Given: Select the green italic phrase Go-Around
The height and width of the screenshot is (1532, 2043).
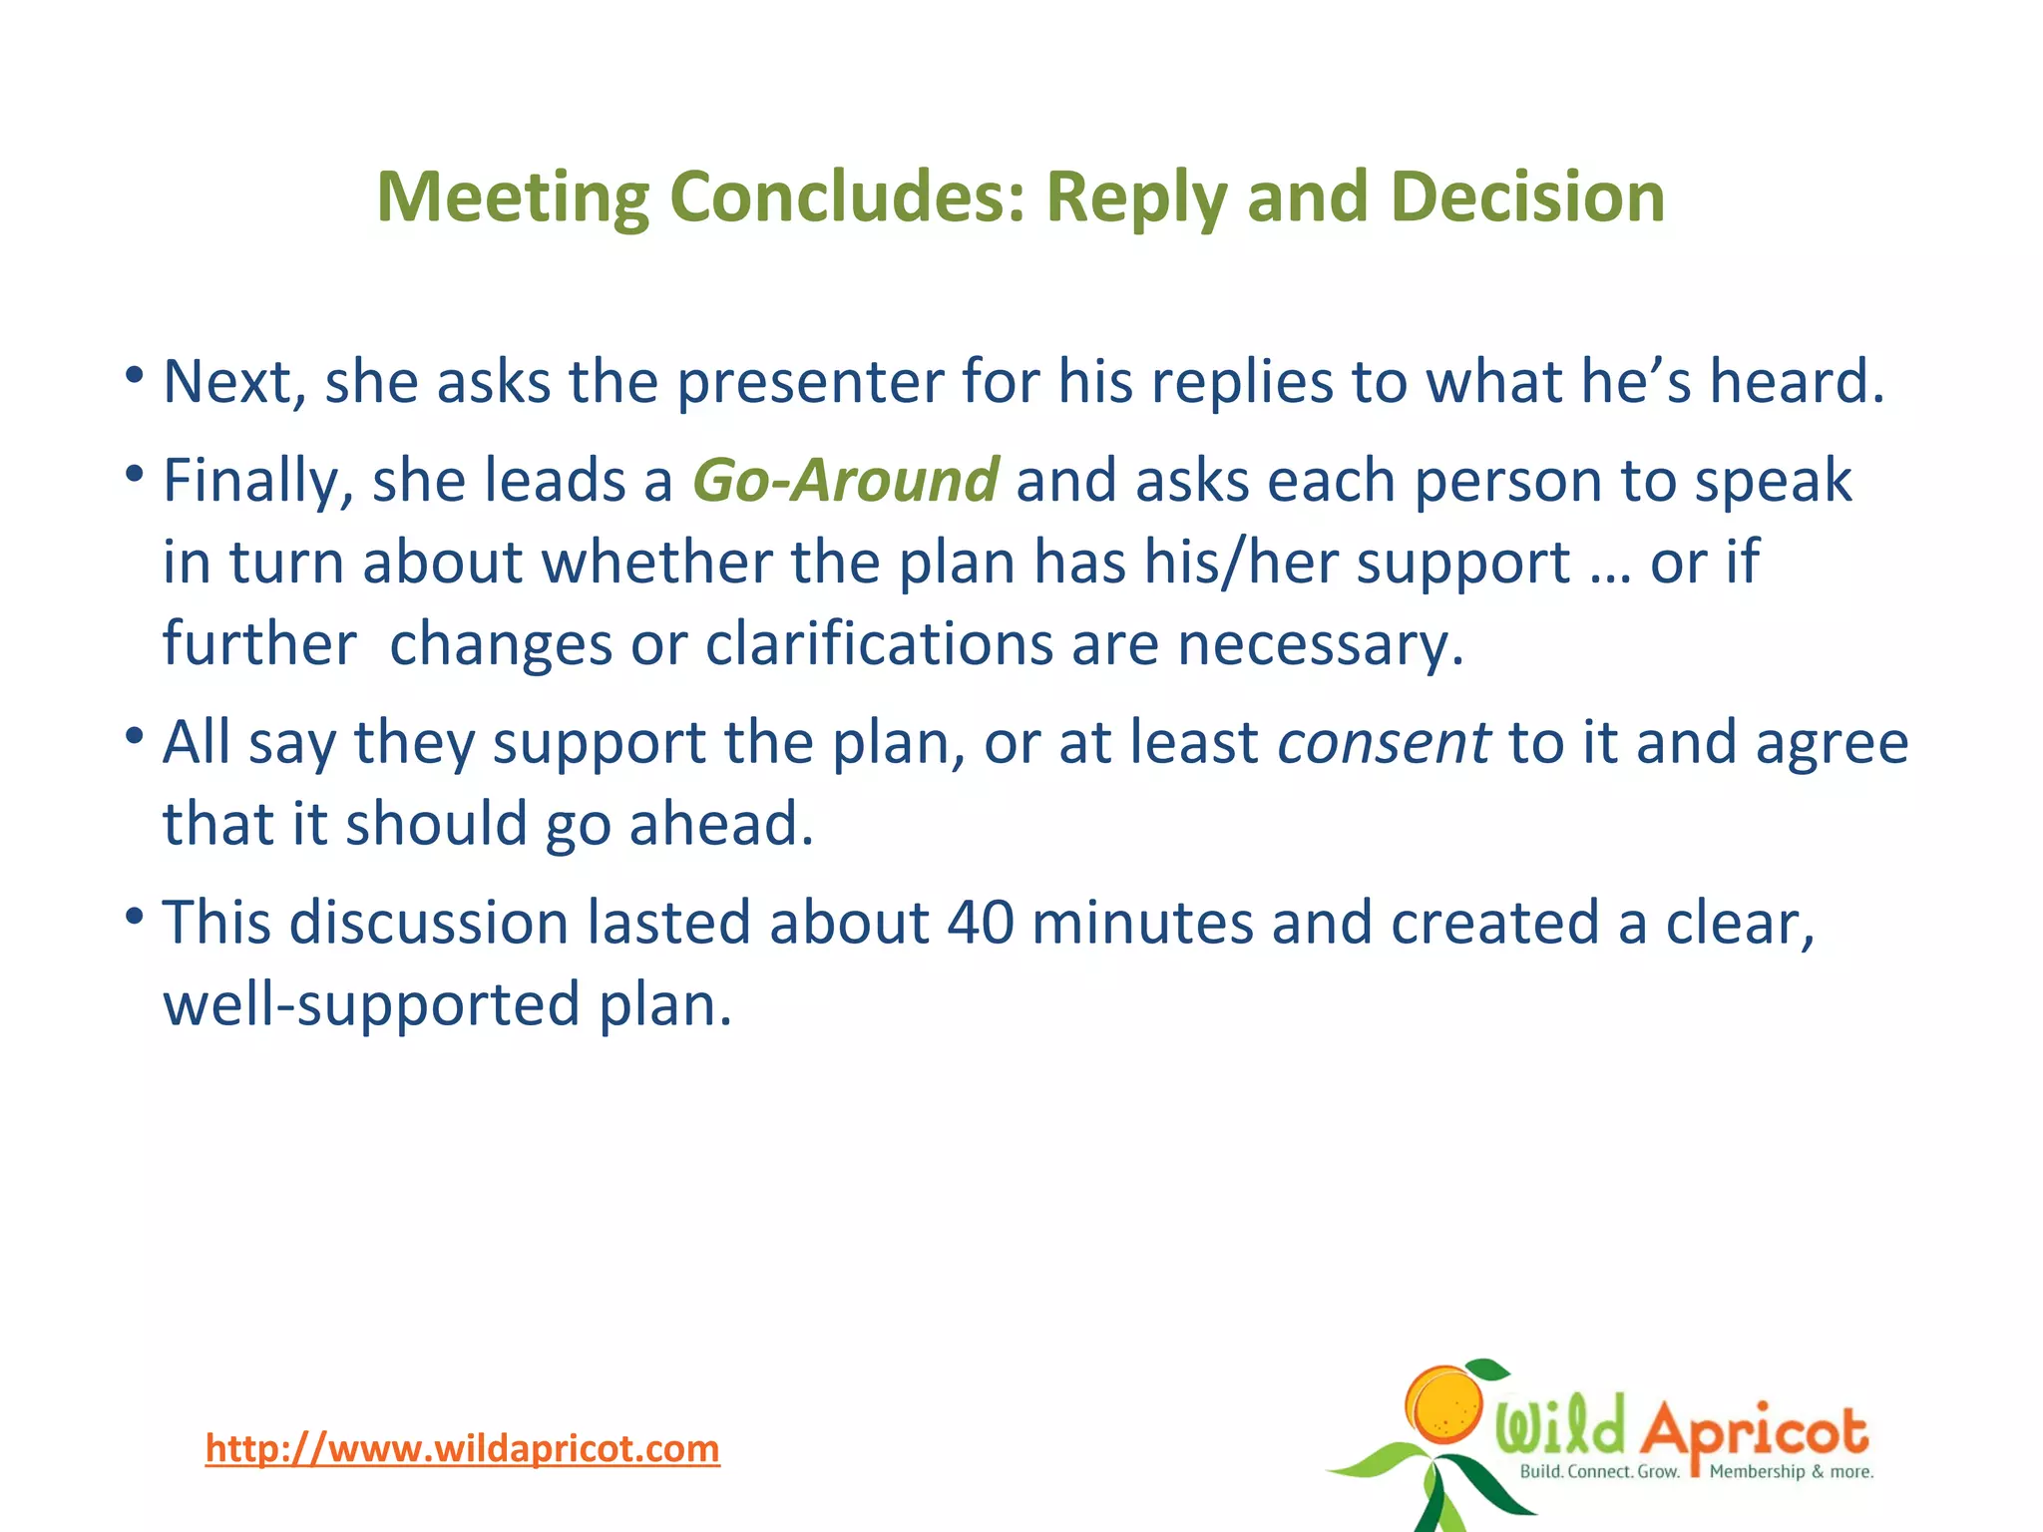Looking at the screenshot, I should [845, 480].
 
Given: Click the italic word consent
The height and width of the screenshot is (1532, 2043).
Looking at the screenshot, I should [1384, 743].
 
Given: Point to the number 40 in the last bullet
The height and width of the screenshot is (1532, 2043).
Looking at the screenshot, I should [980, 922].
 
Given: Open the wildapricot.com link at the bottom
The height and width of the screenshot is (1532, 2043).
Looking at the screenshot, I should [462, 1448].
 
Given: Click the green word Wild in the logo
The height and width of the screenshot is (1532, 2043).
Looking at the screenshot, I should [1559, 1426].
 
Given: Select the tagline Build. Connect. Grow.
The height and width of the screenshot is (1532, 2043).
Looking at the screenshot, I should [1599, 1472].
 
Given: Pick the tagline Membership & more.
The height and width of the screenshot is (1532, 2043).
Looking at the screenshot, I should [1792, 1472].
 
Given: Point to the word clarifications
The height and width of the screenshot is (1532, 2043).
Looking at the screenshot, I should [879, 644].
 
